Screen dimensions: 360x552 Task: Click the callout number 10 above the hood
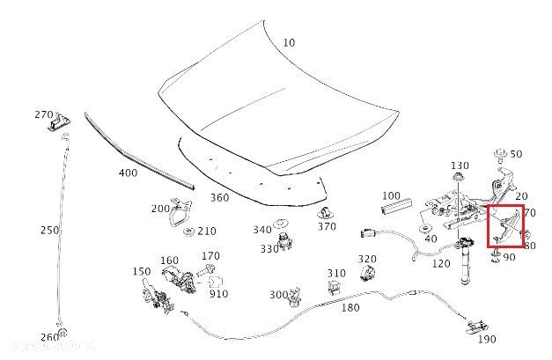290,43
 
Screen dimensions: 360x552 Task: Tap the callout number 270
45,114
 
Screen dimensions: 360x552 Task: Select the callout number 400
129,173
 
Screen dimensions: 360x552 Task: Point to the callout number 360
219,197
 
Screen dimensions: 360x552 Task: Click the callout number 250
50,231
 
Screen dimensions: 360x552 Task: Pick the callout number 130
460,165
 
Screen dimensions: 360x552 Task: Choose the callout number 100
391,195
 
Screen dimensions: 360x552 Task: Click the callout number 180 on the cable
350,308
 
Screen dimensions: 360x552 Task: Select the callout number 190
486,339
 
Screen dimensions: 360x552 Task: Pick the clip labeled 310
335,287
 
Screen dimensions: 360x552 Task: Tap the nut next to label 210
189,231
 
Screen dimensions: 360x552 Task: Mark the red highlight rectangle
505,228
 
